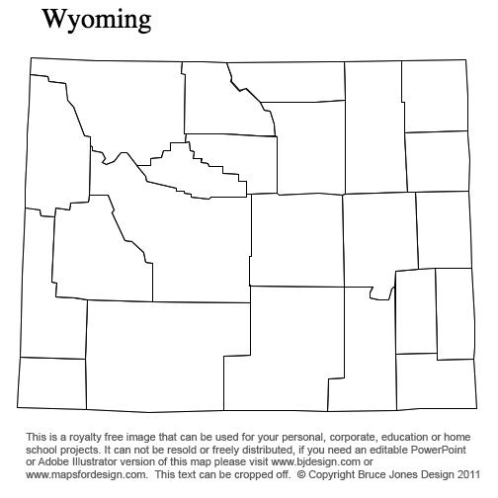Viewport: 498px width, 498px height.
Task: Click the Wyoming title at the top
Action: [x=97, y=20]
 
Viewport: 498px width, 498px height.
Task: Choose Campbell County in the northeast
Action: [x=373, y=128]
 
